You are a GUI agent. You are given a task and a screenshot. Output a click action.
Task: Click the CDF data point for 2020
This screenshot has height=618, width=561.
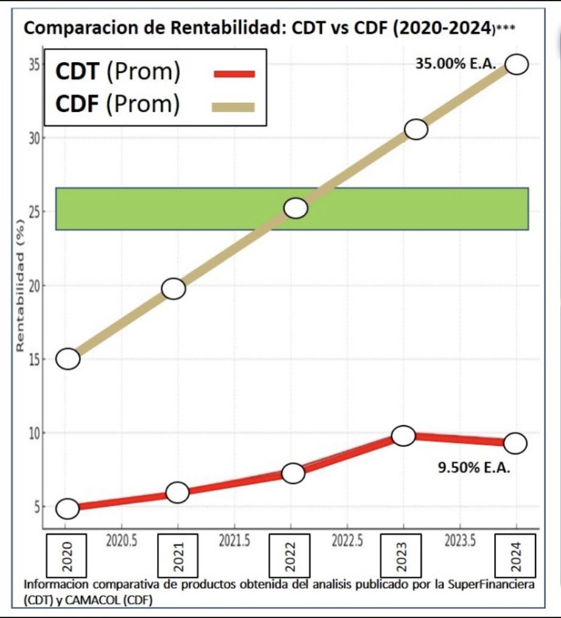click(68, 359)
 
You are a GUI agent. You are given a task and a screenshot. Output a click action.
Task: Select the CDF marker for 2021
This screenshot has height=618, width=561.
click(173, 289)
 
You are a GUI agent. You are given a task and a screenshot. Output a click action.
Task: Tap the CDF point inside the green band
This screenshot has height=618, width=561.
click(296, 208)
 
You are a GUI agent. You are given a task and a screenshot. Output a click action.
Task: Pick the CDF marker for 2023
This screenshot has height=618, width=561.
click(416, 130)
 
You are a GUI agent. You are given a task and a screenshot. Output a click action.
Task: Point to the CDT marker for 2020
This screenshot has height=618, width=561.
click(68, 509)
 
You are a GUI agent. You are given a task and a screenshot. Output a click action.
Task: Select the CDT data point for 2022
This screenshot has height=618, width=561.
click(293, 473)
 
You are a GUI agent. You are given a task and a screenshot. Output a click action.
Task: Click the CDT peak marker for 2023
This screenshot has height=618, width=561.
click(403, 436)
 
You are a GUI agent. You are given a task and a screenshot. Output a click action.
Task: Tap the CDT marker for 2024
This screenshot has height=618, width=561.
click(515, 443)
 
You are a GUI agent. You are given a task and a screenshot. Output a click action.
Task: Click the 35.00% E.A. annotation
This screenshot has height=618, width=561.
click(456, 63)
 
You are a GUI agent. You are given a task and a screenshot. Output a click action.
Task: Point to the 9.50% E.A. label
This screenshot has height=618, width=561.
click(474, 468)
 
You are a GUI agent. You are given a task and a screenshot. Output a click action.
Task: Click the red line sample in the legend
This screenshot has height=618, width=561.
click(234, 74)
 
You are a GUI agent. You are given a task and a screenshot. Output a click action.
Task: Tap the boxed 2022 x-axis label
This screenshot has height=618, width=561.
click(291, 555)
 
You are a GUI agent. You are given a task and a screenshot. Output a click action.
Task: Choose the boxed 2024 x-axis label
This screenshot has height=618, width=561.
click(515, 555)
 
